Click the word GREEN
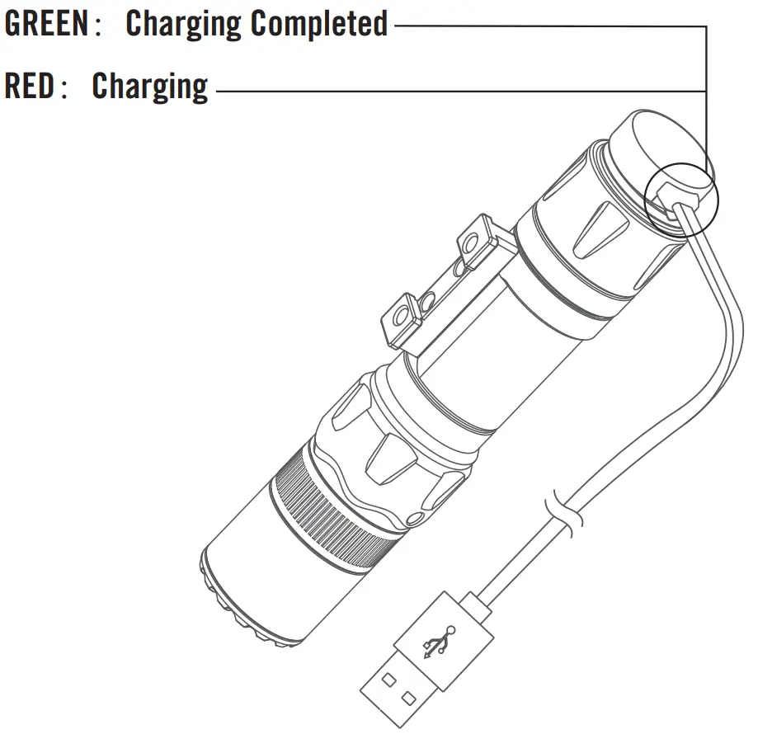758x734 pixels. point(45,24)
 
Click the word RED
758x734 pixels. point(30,85)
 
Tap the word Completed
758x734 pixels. point(319,24)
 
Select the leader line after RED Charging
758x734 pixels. point(454,89)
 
